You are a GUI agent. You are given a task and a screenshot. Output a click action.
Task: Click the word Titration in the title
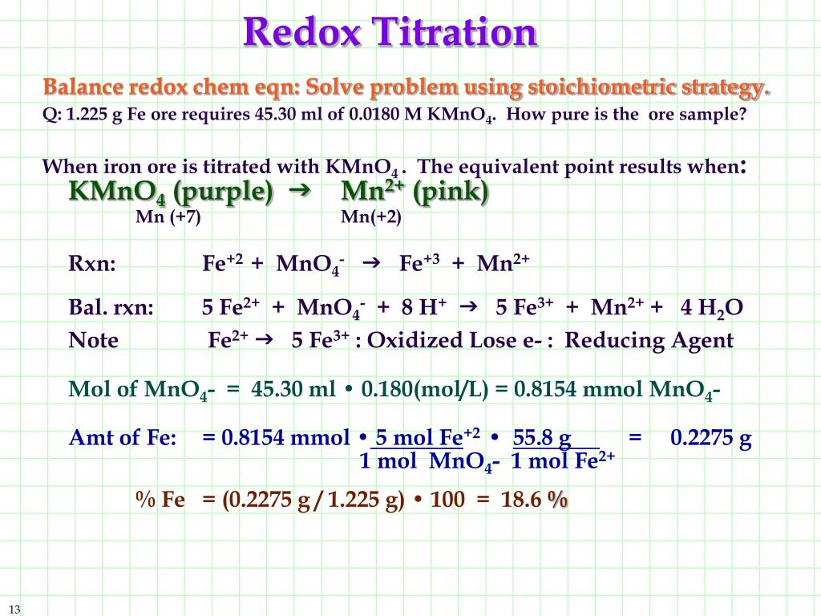tap(457, 32)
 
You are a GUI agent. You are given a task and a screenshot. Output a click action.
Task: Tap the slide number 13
tap(14, 609)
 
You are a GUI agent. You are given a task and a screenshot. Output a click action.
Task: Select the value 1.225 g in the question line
tap(93, 114)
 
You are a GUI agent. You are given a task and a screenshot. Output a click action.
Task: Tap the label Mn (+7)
tap(168, 217)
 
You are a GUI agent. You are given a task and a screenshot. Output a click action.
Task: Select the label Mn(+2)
tap(371, 217)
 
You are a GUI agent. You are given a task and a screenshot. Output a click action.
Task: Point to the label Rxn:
tap(92, 265)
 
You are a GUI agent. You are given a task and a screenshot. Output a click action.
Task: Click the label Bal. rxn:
tap(111, 309)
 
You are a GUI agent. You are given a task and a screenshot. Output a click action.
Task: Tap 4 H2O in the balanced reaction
tap(711, 309)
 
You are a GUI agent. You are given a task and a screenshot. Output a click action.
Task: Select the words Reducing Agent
tap(649, 341)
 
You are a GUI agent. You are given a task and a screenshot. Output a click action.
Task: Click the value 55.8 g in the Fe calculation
tap(542, 438)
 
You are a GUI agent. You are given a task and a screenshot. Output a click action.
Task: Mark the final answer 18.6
tap(521, 500)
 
